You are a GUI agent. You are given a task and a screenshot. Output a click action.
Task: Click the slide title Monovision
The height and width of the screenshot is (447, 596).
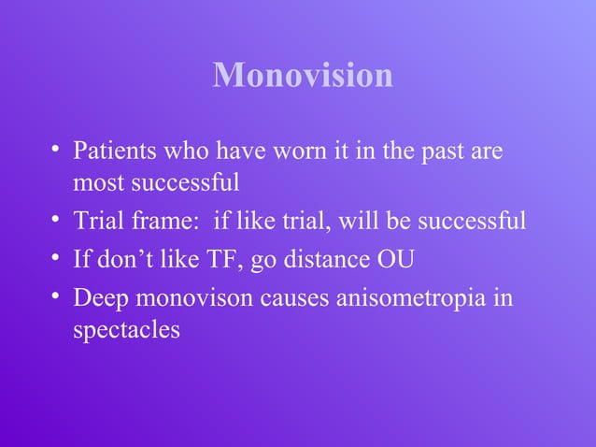(303, 75)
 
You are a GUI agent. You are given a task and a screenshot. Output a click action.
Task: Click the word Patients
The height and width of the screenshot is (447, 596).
(110, 150)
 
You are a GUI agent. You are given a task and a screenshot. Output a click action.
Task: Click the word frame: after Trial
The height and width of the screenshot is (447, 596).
(167, 223)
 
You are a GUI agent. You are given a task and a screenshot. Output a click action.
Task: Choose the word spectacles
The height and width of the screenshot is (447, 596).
(126, 329)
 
